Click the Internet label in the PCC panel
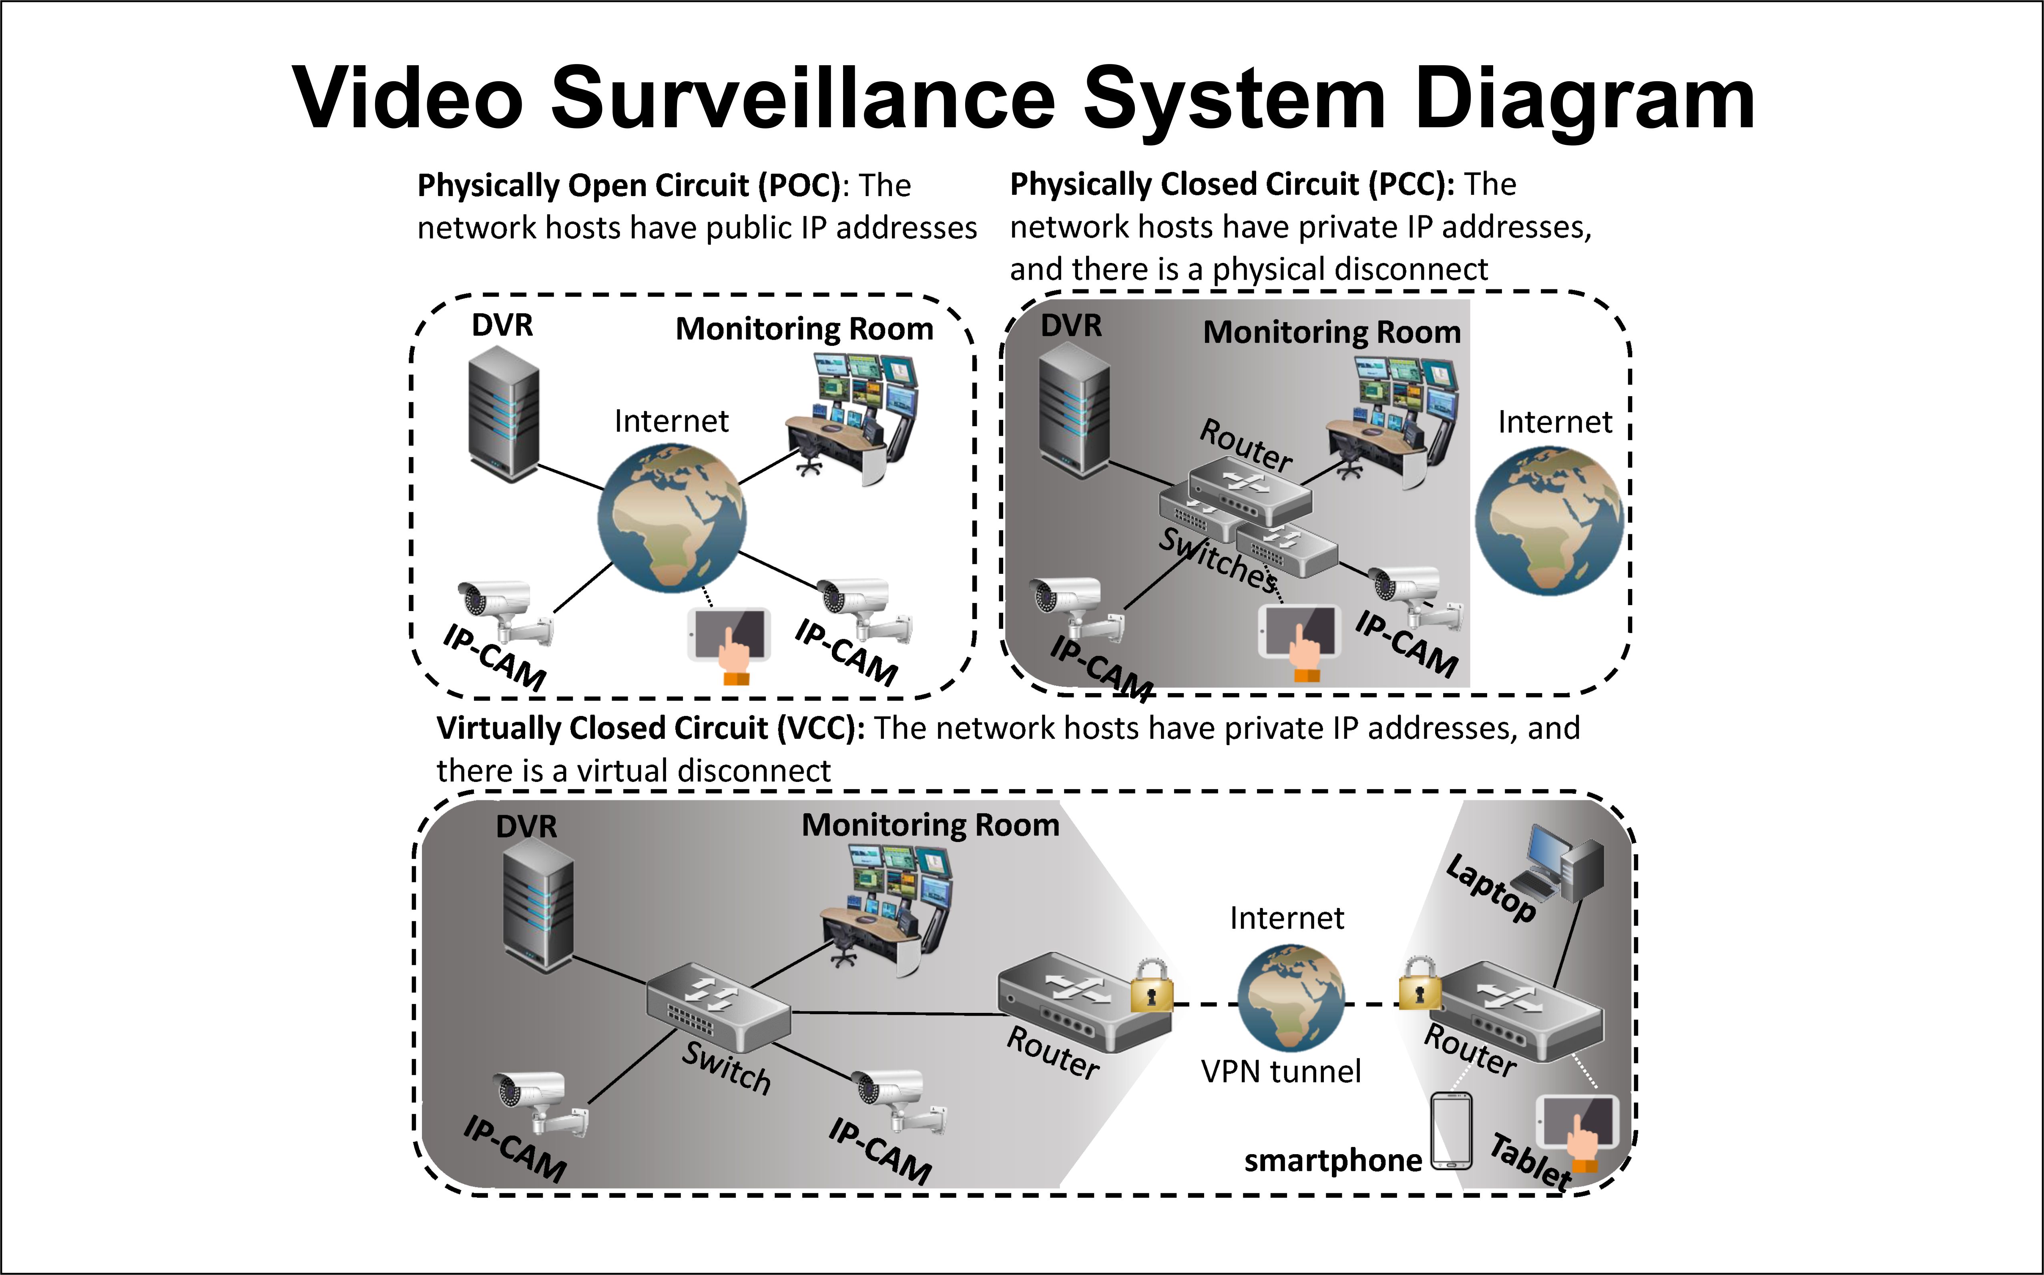tap(1555, 422)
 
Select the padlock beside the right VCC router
tap(1420, 983)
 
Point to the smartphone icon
tap(1451, 1131)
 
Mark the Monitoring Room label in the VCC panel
tap(930, 825)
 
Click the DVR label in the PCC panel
tap(1071, 325)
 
